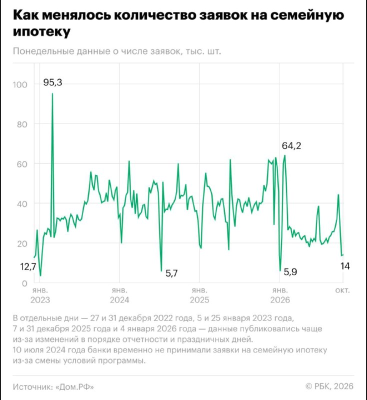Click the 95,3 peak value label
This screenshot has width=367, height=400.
tap(52, 82)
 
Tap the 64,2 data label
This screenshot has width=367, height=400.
tap(291, 145)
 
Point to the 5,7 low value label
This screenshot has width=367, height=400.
tap(171, 273)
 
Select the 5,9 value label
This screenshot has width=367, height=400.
tap(290, 272)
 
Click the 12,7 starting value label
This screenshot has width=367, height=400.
tap(28, 267)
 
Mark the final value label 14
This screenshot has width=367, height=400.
tap(345, 266)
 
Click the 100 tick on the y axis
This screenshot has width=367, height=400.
tap(20, 84)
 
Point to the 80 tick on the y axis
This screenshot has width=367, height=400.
tap(22, 124)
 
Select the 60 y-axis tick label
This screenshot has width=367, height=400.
tap(22, 164)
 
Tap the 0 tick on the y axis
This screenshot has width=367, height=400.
tap(24, 283)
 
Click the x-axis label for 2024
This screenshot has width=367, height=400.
tap(119, 295)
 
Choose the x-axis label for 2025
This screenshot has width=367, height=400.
tap(199, 295)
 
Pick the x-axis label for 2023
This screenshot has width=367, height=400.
tap(40, 295)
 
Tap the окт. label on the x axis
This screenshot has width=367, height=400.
tap(342, 290)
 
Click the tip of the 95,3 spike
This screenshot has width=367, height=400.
tap(52, 93)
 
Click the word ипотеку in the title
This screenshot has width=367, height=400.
tap(41, 31)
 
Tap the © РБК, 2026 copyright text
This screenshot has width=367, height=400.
tap(329, 386)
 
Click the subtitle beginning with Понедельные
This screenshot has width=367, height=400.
tap(117, 51)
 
